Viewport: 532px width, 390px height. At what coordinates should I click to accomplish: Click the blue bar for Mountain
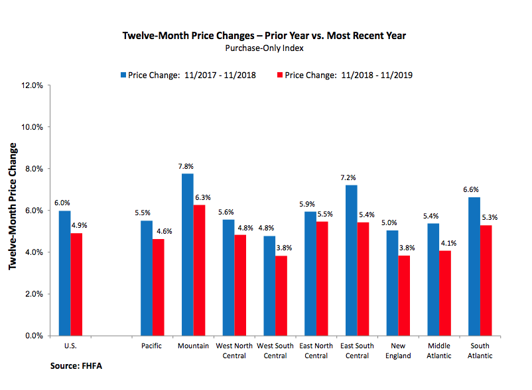coord(188,254)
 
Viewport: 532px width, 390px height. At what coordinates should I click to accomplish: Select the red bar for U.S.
coord(76,284)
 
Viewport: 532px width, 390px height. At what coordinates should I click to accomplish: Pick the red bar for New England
coord(404,295)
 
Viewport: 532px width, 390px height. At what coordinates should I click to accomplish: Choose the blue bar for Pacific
coord(147,278)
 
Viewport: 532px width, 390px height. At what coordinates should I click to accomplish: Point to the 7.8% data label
coord(188,166)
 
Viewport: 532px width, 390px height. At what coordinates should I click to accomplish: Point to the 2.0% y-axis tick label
coord(34,294)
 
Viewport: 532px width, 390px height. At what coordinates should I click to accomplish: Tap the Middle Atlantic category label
coord(439,350)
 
